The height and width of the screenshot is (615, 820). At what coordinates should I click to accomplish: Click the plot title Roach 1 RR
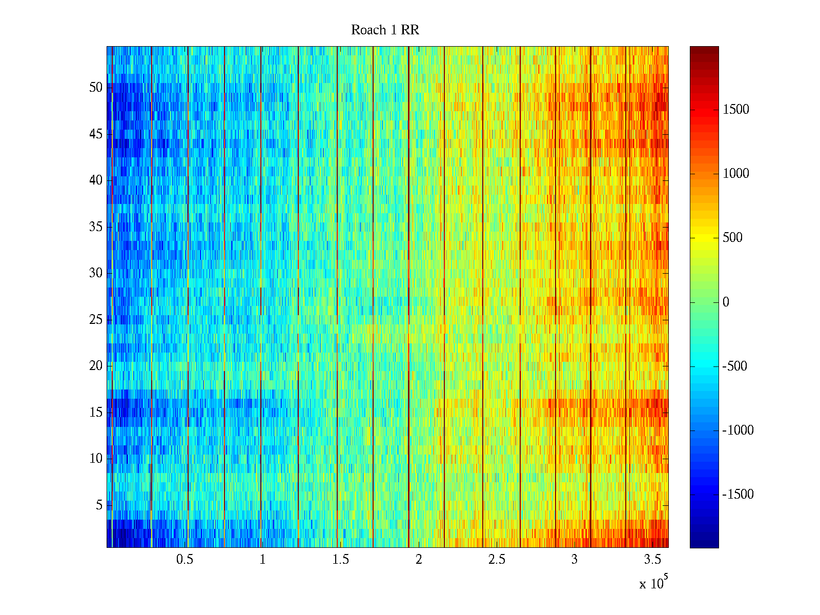click(x=385, y=30)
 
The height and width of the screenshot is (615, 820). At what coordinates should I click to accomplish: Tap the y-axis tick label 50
click(x=96, y=88)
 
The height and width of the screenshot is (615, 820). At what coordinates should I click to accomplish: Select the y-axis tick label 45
click(x=96, y=134)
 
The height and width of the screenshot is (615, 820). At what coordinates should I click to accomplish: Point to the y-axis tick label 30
click(x=96, y=273)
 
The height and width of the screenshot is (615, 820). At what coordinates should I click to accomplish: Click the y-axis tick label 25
click(x=96, y=320)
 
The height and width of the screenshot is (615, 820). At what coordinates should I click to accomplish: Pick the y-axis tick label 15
click(x=96, y=413)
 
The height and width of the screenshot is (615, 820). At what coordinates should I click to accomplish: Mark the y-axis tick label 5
click(x=99, y=505)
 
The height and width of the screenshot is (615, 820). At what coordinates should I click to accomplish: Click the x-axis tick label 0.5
click(x=184, y=560)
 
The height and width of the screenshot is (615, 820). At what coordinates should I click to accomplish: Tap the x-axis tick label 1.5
click(x=340, y=560)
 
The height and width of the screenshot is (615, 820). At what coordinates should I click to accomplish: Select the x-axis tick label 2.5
click(x=497, y=560)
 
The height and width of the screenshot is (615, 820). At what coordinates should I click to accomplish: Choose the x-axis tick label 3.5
click(x=652, y=560)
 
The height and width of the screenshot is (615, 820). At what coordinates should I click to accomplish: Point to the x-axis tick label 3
click(x=575, y=560)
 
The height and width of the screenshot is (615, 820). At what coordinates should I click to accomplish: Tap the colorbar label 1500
click(x=736, y=110)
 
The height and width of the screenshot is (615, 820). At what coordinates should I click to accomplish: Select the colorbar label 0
click(x=726, y=302)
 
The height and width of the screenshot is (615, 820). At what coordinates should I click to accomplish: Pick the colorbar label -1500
click(x=738, y=495)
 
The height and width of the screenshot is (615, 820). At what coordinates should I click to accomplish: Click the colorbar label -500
click(x=735, y=366)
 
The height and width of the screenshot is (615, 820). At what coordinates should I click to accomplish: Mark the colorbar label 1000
click(x=736, y=174)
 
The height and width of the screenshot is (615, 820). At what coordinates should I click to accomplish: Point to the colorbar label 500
click(x=733, y=238)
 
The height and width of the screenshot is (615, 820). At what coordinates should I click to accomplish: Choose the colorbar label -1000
click(x=738, y=430)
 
